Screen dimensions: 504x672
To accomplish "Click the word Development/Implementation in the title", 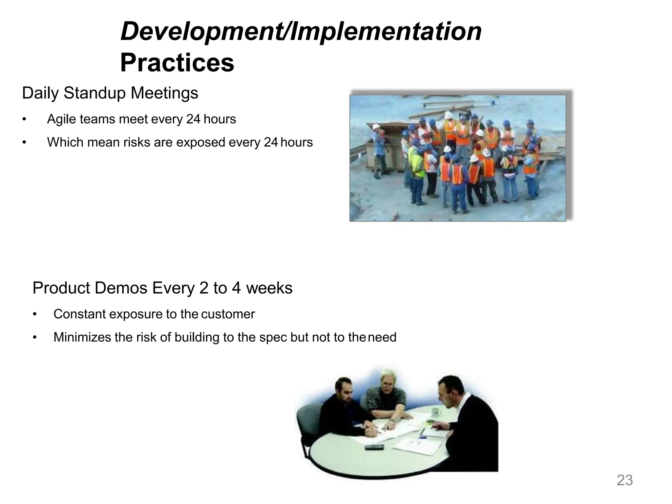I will (301, 31).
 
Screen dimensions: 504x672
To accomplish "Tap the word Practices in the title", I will (177, 63).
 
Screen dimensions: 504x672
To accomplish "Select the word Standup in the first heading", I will (95, 93).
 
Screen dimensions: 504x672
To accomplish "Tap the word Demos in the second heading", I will (121, 288).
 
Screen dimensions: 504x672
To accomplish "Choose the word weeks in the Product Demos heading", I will (269, 288).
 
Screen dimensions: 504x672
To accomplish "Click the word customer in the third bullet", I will (228, 314).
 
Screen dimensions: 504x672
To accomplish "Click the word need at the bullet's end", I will (382, 337).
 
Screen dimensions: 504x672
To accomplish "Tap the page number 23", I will (625, 480).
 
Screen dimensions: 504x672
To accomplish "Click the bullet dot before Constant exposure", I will (34, 314).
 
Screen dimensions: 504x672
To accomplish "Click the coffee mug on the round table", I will (436, 411).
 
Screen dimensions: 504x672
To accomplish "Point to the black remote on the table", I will (374, 447).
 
